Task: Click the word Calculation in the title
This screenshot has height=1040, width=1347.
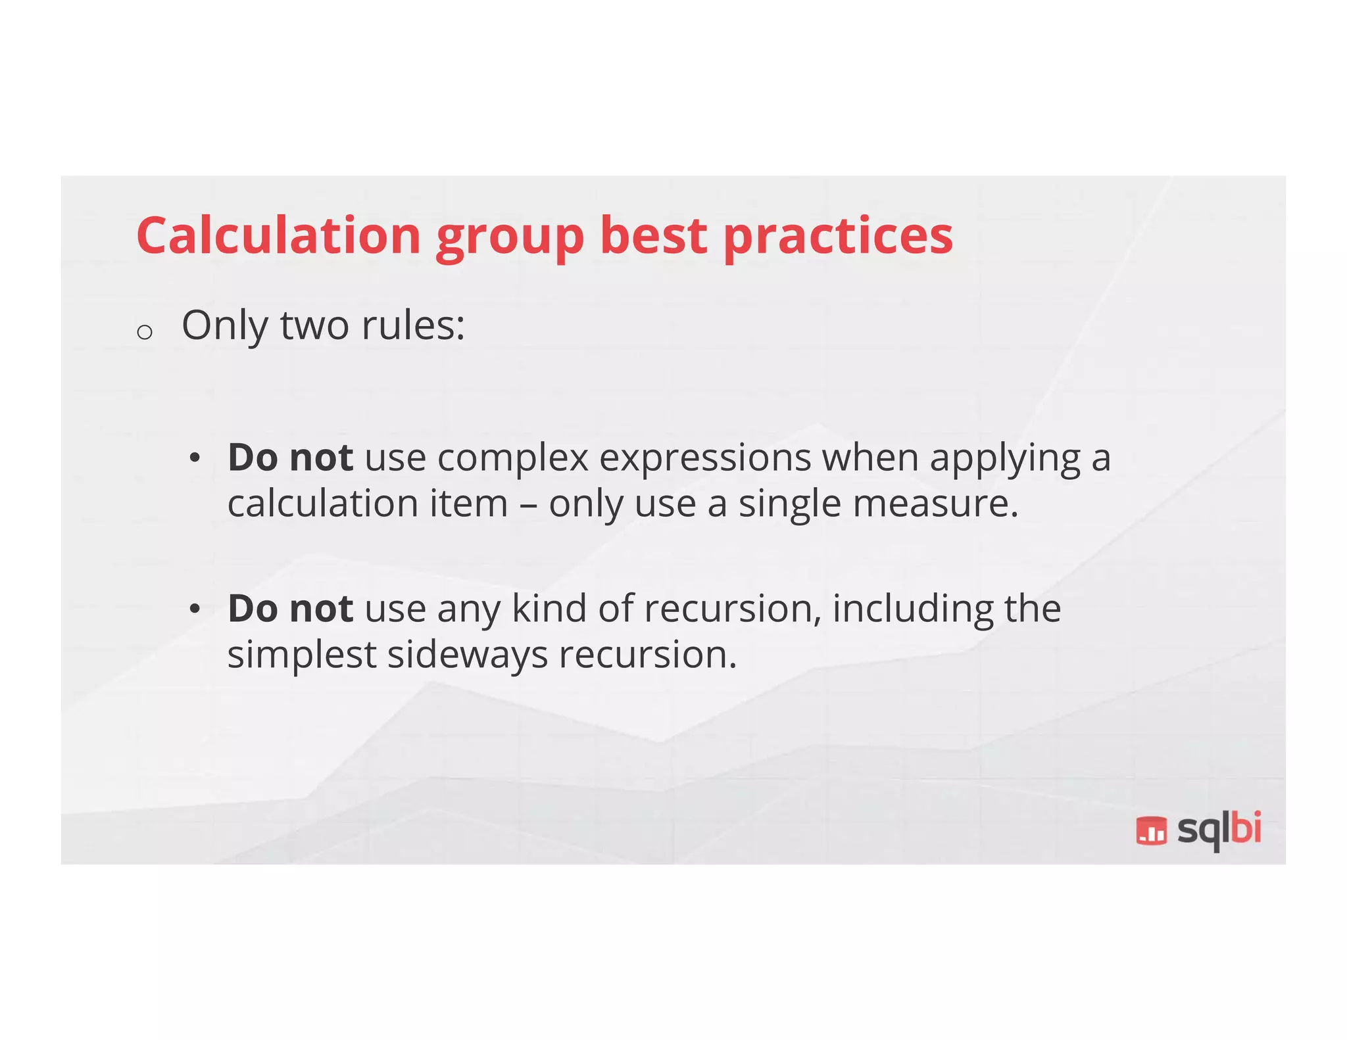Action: click(x=278, y=235)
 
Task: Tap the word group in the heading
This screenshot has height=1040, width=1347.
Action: click(x=510, y=238)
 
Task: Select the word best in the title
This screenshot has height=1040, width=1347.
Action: click(x=653, y=235)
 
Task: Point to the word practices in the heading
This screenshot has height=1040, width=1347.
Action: click(x=838, y=238)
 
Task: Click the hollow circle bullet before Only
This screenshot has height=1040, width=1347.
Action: click(x=145, y=332)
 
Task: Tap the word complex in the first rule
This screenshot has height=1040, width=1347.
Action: click(x=512, y=458)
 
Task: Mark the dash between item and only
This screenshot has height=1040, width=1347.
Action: click(x=528, y=505)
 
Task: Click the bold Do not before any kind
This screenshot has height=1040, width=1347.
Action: click(x=290, y=608)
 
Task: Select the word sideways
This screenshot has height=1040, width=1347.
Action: click(x=467, y=655)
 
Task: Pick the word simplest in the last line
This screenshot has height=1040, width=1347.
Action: click(x=301, y=655)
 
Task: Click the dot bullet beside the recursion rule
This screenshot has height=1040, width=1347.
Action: click(x=194, y=609)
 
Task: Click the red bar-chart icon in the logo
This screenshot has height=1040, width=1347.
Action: click(x=1151, y=830)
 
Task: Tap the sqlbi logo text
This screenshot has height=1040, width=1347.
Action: click(x=1219, y=830)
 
